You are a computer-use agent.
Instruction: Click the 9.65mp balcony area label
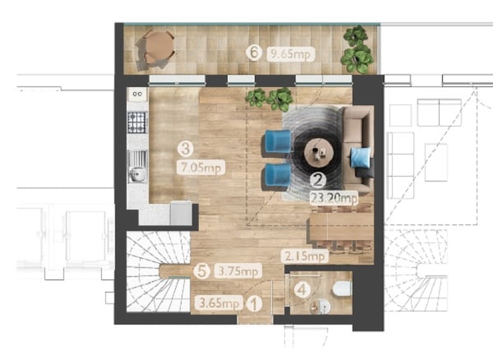coord(291,54)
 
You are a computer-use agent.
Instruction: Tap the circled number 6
coord(254,53)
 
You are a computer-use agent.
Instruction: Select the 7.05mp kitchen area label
coord(201,168)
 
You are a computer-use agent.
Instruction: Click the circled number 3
coord(186,149)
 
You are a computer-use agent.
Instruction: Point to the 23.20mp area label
coord(334,198)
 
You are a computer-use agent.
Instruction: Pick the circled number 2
coord(318,180)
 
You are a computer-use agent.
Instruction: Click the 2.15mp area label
coord(305,256)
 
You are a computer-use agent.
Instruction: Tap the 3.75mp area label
coord(238,271)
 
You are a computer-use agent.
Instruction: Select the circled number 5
coord(201,271)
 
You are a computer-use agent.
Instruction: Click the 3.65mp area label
coord(219,303)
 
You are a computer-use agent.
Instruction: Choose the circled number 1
coord(254,304)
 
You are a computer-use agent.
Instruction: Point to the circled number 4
coord(302,289)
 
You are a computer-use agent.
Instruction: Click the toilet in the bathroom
coord(342,288)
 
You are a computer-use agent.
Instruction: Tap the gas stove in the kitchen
coord(137,122)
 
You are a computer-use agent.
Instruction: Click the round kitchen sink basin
coord(138,174)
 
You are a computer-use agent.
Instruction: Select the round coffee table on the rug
coord(319,154)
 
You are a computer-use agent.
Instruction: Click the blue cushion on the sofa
coord(361,158)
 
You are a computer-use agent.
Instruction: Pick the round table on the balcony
coord(159,47)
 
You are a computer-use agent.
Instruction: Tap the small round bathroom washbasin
coord(320,307)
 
